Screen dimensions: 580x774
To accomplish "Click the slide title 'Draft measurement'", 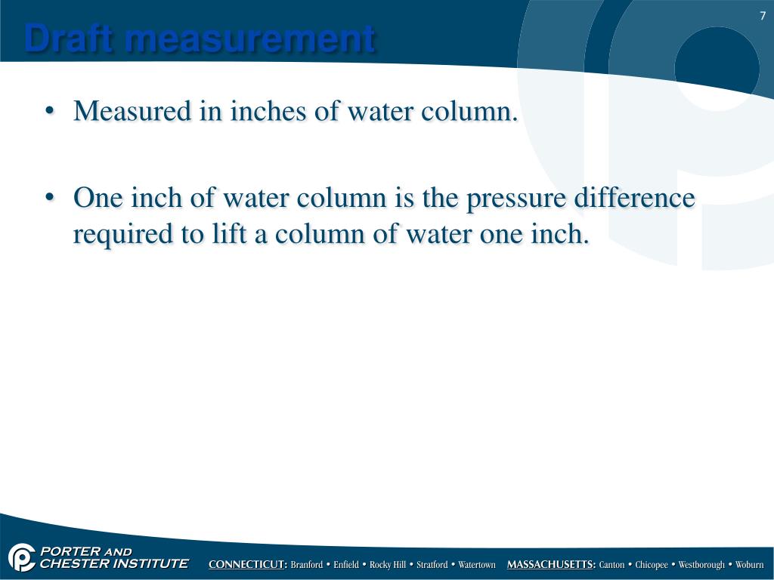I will tap(200, 39).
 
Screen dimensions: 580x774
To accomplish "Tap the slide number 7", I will tap(763, 16).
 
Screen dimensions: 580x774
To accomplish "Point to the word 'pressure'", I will tap(515, 199).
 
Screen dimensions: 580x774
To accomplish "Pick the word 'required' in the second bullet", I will tap(121, 234).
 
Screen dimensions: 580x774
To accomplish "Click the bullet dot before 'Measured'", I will tap(51, 113).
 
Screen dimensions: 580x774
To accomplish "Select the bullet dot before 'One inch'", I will tap(51, 199).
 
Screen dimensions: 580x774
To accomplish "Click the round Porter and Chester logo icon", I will tap(21, 557).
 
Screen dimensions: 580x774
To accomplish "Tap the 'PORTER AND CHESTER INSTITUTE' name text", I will tap(113, 557).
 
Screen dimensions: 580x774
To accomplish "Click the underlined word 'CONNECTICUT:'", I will tap(248, 565).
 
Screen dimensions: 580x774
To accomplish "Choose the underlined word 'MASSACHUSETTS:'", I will tap(551, 565).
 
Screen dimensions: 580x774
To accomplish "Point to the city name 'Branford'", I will tap(307, 565).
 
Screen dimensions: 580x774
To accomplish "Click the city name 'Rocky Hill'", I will tap(388, 565).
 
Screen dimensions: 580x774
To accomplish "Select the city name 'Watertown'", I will tap(477, 565).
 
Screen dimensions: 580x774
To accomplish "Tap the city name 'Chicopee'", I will tap(652, 565).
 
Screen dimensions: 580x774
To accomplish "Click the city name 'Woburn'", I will tap(750, 565).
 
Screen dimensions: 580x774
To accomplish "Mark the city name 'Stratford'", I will tap(432, 565).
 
